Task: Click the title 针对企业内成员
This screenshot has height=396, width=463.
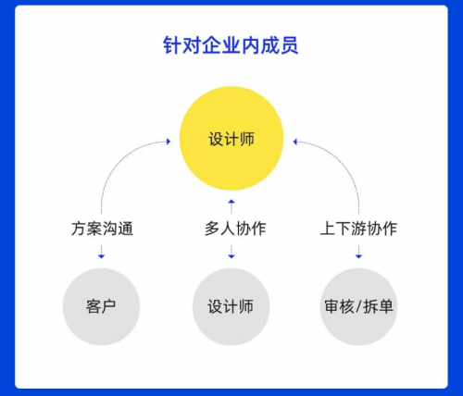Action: (231, 45)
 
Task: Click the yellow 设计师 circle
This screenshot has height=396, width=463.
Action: (231, 138)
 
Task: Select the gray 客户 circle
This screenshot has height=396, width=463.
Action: (101, 306)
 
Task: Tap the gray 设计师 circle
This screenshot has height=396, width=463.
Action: (231, 306)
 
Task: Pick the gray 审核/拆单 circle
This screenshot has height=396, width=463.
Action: (358, 306)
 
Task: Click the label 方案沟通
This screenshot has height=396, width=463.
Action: (102, 229)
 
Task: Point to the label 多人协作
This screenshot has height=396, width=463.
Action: (235, 229)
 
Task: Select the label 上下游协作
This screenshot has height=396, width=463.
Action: (358, 229)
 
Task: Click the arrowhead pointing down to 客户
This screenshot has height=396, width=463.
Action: (101, 255)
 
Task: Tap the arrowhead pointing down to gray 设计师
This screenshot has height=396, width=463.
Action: (231, 255)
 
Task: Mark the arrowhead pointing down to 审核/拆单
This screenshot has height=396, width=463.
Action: (358, 255)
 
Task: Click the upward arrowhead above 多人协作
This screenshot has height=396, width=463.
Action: (231, 202)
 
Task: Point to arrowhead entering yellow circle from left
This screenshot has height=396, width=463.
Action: (169, 142)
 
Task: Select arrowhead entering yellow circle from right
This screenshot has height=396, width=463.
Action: (295, 142)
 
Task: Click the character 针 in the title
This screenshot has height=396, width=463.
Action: (172, 45)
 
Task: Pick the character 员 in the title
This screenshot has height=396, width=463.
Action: (289, 45)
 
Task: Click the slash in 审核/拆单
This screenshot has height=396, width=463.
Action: (358, 307)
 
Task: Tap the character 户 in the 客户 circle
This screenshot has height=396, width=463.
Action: (108, 306)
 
